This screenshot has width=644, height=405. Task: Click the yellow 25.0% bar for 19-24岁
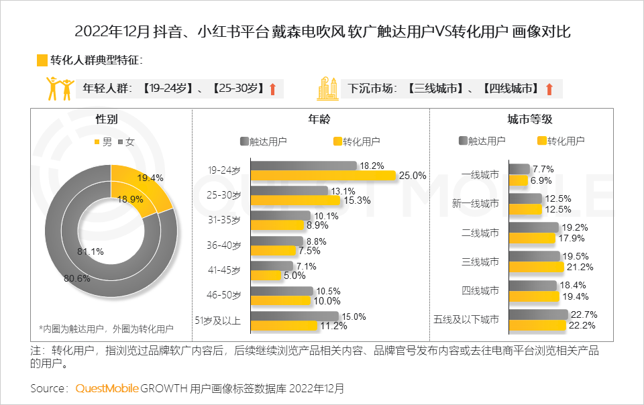[x=323, y=176]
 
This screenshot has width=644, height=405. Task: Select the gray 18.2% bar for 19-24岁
[x=303, y=166]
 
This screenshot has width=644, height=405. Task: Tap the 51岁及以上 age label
[x=217, y=320]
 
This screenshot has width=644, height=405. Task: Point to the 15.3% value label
[x=356, y=200]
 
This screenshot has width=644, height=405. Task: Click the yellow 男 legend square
[x=97, y=142]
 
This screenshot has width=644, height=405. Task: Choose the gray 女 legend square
[x=121, y=142]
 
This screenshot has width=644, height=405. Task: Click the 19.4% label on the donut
[x=150, y=178]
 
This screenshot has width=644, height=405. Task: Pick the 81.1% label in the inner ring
[x=91, y=251]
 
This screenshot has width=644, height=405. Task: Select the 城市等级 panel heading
[x=530, y=119]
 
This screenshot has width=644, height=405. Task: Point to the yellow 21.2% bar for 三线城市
[x=535, y=267]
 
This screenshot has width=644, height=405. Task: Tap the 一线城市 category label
[x=480, y=174]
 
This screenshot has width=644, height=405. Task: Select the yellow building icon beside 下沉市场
[x=329, y=89]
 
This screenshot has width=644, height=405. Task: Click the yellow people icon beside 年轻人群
[x=59, y=89]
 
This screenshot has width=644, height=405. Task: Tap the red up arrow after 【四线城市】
[x=549, y=89]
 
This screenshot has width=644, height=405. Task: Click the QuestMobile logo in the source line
[x=107, y=388]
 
